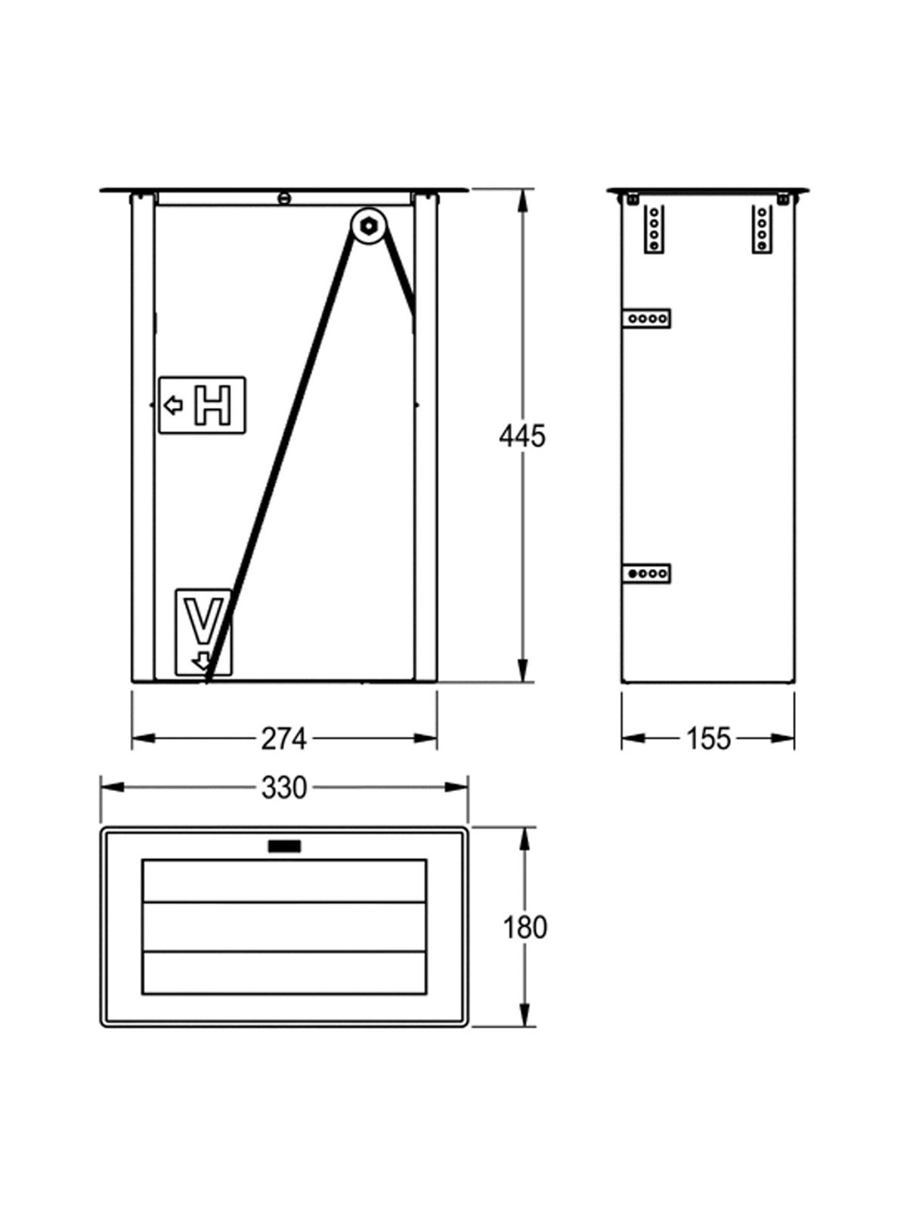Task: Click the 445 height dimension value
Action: (x=522, y=437)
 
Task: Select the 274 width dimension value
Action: (x=283, y=739)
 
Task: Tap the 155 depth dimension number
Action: (x=708, y=739)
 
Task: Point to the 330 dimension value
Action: (x=283, y=788)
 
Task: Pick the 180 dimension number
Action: (x=525, y=928)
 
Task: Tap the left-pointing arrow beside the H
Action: (x=174, y=406)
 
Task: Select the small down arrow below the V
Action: (x=202, y=661)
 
